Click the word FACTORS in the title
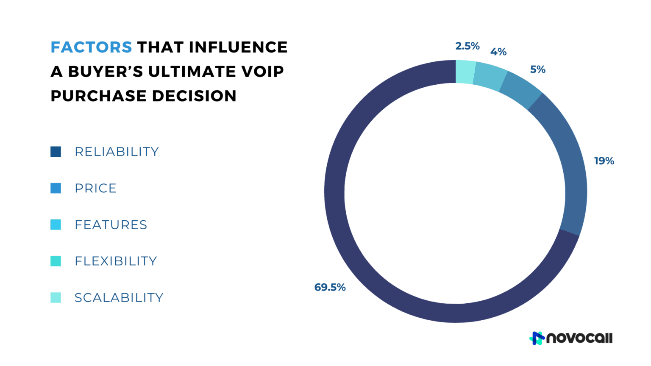pos(91,47)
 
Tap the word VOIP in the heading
pos(262,72)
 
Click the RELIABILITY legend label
pos(117,152)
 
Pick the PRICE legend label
pos(95,188)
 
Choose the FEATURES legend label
pos(111,225)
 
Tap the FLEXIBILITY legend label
pos(116,261)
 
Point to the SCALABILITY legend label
pos(119,298)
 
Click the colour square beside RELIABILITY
pos(56,152)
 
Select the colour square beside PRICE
pos(56,188)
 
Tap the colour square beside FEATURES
pos(56,225)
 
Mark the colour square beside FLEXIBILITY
pos(56,261)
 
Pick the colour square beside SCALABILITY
pos(56,298)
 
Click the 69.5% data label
pos(330,288)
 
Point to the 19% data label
pos(604,161)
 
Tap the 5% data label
pos(538,69)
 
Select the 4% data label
pos(498,52)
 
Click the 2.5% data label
pos(467,46)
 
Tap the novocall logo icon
pos(537,338)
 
